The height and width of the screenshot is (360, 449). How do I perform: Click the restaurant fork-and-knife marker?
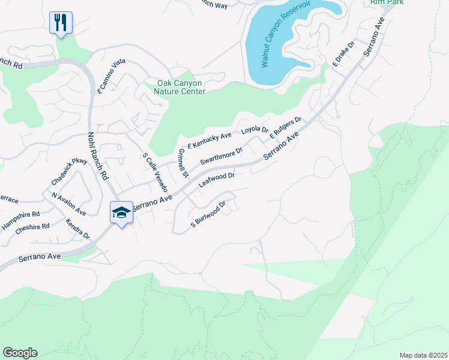61,23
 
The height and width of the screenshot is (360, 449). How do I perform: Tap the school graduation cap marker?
121,213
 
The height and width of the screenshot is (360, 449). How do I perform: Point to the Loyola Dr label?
254,130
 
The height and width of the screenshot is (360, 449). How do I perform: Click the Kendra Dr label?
78,229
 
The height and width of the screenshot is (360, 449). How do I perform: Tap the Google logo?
20,353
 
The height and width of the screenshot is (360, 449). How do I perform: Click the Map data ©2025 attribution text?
423,355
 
